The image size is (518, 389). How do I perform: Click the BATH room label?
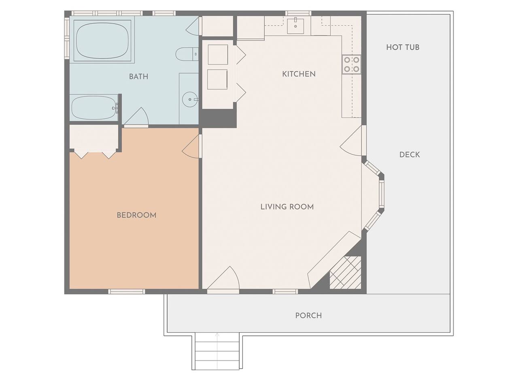[138, 77]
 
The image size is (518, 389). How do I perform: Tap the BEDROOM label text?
[136, 215]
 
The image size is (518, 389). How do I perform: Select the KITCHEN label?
[299, 74]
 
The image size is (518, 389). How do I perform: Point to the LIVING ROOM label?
[287, 207]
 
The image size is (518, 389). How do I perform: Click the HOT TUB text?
[403, 47]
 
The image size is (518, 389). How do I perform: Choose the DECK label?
[410, 155]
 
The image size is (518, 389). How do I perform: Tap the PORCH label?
[308, 316]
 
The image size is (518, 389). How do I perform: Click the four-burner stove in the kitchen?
[351, 64]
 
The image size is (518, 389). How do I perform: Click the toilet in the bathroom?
[187, 54]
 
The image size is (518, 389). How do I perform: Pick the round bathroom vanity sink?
[189, 99]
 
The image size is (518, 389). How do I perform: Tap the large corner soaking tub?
[102, 41]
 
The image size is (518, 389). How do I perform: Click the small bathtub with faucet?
[95, 108]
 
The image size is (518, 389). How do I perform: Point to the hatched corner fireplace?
[345, 273]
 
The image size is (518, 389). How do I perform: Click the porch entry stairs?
[217, 352]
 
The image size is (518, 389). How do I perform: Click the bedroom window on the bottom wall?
[127, 291]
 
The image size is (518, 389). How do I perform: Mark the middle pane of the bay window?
[381, 192]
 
